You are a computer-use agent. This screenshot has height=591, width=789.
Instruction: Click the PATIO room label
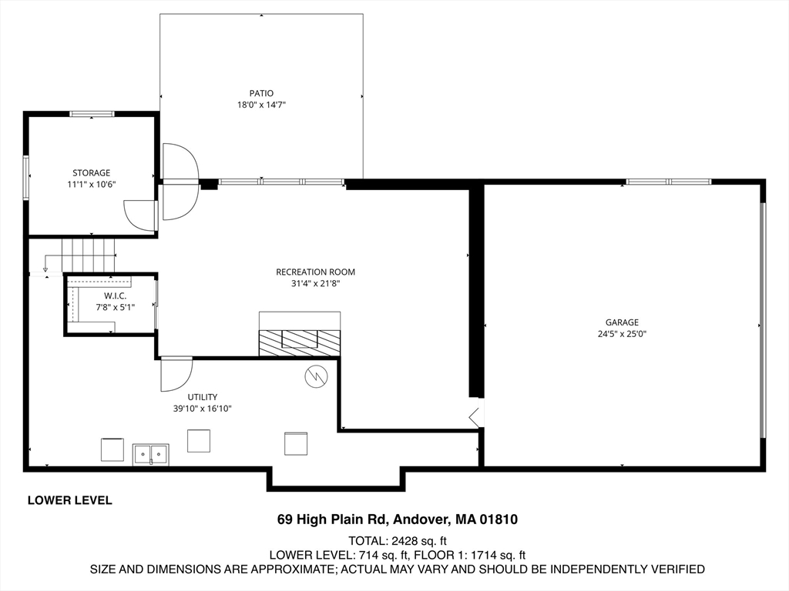click(262, 93)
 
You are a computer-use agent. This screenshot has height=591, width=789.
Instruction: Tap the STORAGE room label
click(91, 173)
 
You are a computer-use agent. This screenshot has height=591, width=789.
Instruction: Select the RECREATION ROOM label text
click(315, 272)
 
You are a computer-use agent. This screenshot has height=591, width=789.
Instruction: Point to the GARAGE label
click(622, 322)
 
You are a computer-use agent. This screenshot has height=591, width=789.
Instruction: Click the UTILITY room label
click(203, 397)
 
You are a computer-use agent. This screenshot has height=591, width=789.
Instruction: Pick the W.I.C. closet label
click(116, 296)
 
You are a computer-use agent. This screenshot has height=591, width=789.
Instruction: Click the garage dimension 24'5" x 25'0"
click(622, 334)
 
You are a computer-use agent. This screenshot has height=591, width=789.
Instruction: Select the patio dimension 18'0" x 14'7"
click(262, 105)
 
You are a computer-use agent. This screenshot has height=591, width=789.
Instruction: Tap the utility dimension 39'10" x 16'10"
click(203, 409)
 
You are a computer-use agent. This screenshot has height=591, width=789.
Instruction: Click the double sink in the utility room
click(151, 454)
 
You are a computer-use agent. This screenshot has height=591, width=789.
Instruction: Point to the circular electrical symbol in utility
click(316, 376)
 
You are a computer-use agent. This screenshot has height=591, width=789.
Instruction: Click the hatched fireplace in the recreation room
click(300, 342)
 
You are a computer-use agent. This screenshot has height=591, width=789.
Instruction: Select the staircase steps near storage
click(89, 255)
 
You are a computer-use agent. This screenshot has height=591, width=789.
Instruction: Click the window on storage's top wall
click(92, 114)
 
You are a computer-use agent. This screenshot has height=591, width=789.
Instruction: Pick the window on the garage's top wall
click(669, 182)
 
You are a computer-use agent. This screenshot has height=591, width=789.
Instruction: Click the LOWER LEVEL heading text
click(70, 500)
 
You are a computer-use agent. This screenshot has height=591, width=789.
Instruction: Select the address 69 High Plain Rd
click(332, 519)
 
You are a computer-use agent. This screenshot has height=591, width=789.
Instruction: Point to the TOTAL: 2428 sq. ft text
click(398, 541)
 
